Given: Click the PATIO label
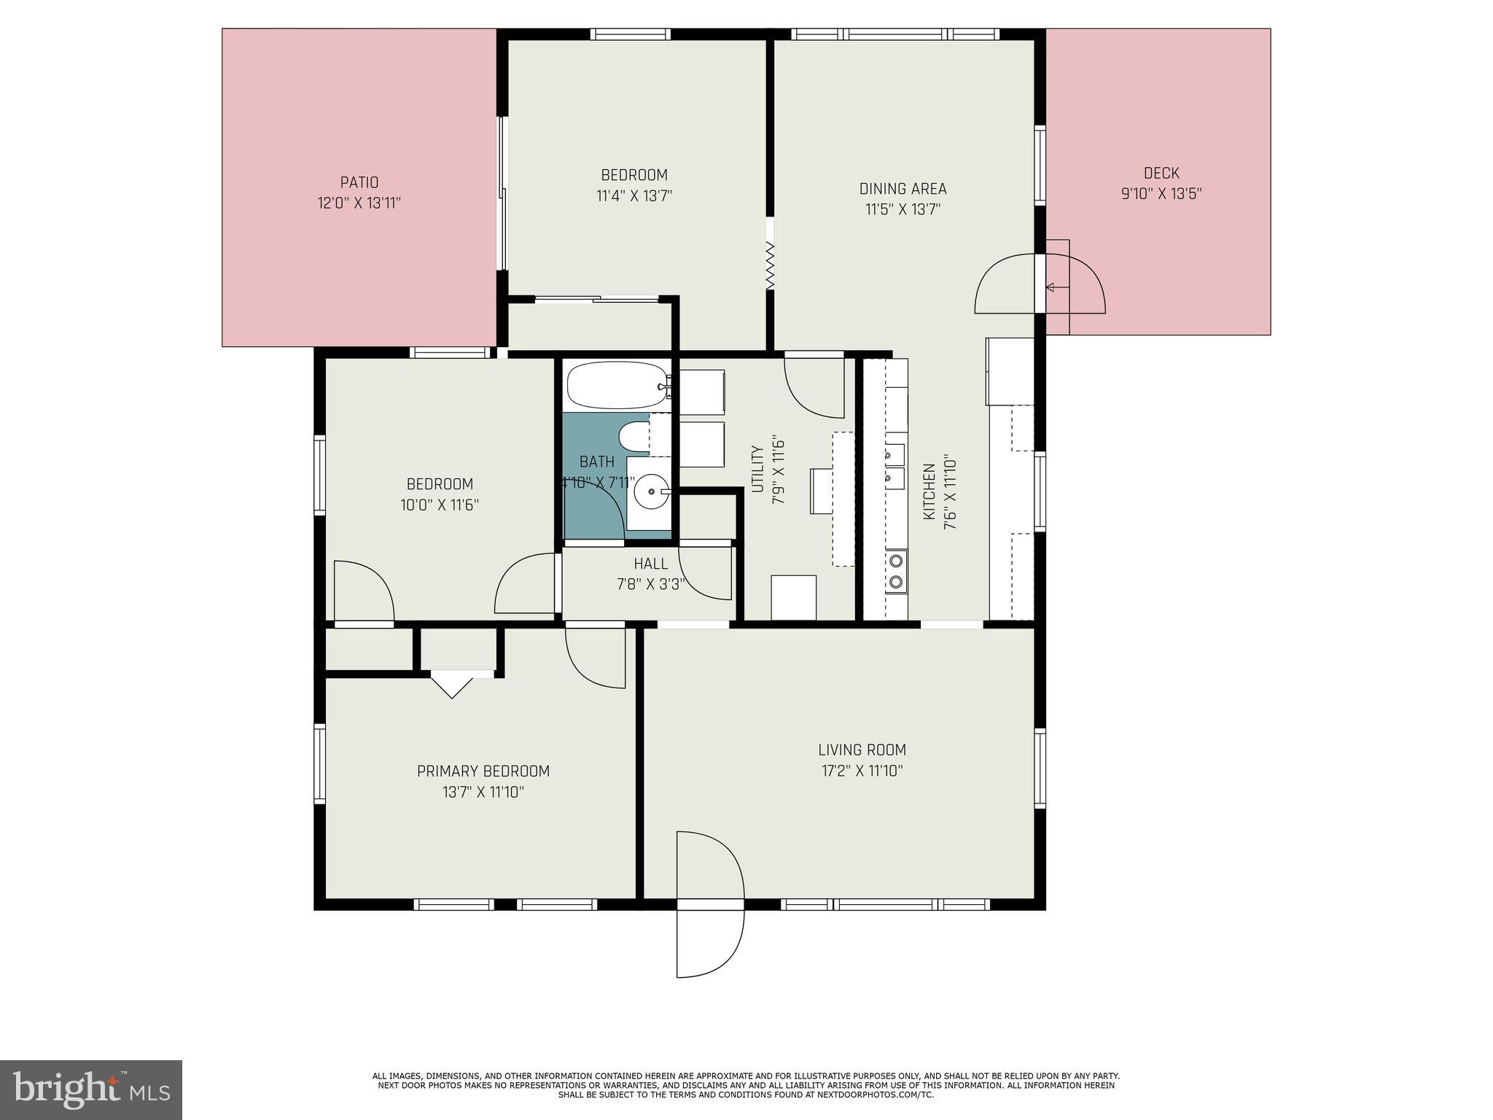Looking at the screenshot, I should (359, 182).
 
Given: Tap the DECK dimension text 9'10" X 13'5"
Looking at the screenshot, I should (1161, 194).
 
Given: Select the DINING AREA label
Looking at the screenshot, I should (903, 189).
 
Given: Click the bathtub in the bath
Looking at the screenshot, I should (617, 385).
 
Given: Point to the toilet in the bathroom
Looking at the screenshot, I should (633, 437).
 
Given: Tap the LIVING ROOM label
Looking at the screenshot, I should (862, 750).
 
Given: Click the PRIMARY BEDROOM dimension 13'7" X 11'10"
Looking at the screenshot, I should (483, 792).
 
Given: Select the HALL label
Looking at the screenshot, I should (650, 564).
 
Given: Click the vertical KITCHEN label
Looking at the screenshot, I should (929, 491).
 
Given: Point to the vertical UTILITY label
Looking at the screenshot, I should (757, 469).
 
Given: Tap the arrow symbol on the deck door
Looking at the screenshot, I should (1050, 287).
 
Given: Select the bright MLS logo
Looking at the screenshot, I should (90, 1089).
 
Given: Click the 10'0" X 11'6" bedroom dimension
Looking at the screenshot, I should (439, 505).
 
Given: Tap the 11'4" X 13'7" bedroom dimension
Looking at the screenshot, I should (634, 195).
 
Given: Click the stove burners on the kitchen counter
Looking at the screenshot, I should (896, 571).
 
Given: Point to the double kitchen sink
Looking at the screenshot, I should (894, 466).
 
